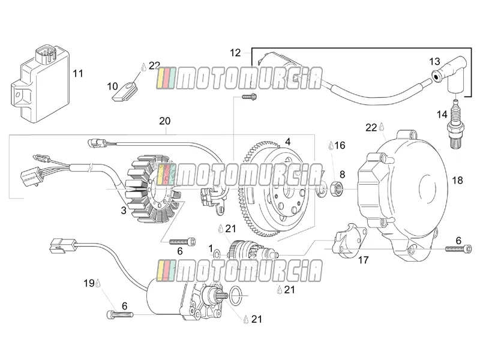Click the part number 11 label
[78, 74]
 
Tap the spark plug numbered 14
[455, 125]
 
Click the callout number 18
[457, 181]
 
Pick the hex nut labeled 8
[337, 188]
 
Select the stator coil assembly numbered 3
[153, 189]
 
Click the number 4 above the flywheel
[287, 142]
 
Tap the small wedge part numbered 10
[124, 91]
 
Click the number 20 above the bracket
[164, 121]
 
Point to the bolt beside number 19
[120, 314]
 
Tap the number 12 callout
[235, 53]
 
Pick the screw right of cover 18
[458, 249]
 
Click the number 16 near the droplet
[340, 145]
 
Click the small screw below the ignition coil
[249, 97]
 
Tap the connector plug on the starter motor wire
[63, 245]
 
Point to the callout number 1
[211, 248]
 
